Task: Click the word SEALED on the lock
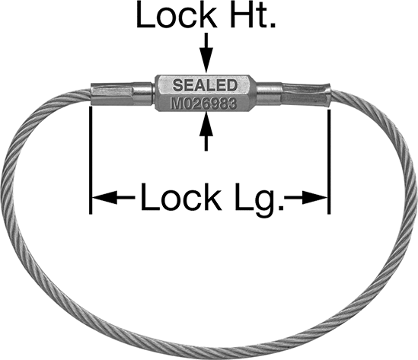[205, 85]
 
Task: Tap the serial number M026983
[203, 104]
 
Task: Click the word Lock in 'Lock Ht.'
[176, 15]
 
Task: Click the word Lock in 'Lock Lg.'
[181, 197]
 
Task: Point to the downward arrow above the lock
[206, 53]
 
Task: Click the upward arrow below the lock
[206, 131]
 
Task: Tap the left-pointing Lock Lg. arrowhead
[105, 197]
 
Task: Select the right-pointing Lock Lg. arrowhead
[315, 197]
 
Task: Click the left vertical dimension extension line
[91, 160]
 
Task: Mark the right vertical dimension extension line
[329, 161]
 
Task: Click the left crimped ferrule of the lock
[112, 94]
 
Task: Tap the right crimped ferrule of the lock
[306, 94]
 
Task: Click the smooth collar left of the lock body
[143, 93]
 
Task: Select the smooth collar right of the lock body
[269, 94]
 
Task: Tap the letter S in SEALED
[178, 85]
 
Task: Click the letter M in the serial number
[176, 104]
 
